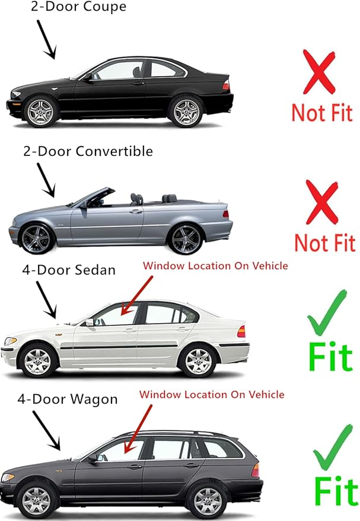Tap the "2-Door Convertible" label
click(88, 151)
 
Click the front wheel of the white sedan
click(39, 360)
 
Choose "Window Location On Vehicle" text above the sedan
click(215, 266)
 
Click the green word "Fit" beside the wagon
click(336, 491)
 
